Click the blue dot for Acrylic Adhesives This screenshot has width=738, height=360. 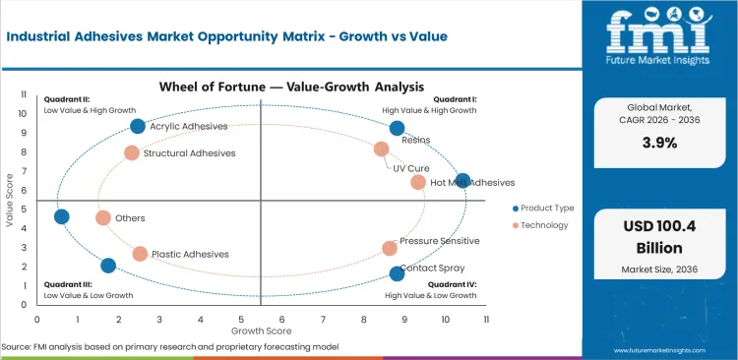138,126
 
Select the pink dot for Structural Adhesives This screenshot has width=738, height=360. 132,153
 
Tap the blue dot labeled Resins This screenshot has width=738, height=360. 397,128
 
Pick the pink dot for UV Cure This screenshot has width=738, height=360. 382,150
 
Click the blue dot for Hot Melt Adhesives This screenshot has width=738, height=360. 463,181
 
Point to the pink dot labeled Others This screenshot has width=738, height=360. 103,218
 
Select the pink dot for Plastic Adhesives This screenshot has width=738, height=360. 140,254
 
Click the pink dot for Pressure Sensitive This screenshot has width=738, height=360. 390,249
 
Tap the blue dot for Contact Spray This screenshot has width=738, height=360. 397,273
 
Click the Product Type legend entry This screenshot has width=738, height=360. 547,209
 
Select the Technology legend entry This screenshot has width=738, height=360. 543,225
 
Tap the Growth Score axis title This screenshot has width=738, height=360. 261,331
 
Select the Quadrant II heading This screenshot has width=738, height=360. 67,99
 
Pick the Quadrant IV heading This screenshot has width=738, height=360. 453,284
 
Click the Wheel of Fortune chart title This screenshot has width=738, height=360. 260,86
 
